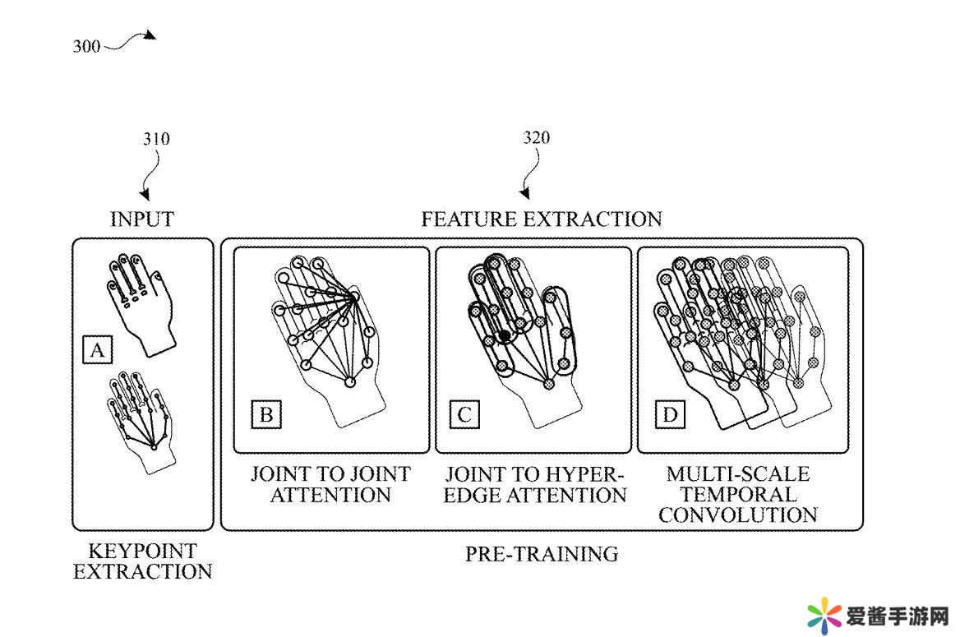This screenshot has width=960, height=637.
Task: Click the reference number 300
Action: [x=86, y=46]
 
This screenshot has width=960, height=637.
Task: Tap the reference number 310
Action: [x=155, y=138]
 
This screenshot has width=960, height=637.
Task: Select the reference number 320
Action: [x=537, y=137]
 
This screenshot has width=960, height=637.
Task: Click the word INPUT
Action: [x=142, y=219]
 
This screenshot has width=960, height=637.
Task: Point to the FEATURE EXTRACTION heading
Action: [x=541, y=219]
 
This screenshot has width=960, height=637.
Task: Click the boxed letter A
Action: [x=97, y=351]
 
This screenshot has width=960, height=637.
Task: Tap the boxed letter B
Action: [x=266, y=414]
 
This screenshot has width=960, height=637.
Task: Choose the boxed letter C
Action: [x=464, y=414]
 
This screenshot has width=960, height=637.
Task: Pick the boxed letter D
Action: [x=670, y=414]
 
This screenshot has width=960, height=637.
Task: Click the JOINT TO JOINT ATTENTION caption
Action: [x=330, y=484]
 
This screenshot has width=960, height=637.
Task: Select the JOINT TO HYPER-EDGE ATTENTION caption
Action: [x=535, y=484]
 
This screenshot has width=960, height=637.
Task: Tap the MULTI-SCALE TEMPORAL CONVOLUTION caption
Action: [x=737, y=494]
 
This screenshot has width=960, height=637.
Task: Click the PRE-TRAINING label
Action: [x=542, y=554]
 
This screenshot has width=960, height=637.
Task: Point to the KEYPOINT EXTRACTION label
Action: [x=142, y=561]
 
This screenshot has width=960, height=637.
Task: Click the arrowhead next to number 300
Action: [x=148, y=35]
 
